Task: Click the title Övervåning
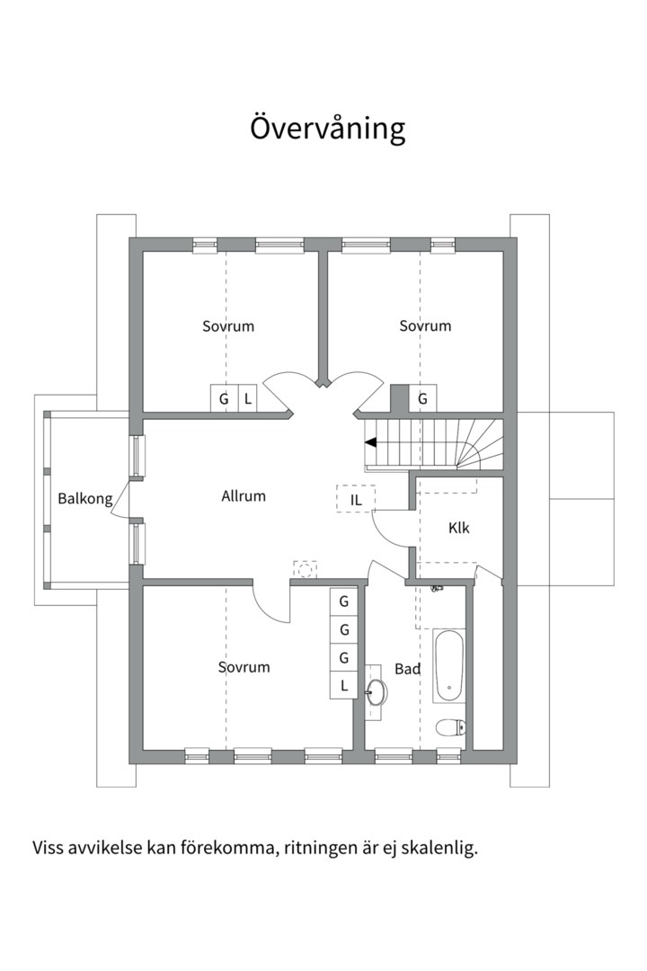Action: (x=327, y=129)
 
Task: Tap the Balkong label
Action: (x=85, y=498)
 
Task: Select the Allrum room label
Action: (x=244, y=495)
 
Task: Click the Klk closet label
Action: (x=459, y=528)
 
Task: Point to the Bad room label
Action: (x=408, y=669)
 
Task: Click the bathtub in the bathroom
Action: (x=448, y=666)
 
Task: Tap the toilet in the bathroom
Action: (x=449, y=726)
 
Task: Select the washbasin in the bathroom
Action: (x=378, y=692)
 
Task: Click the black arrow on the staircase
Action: (x=370, y=441)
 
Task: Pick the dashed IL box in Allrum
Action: (x=356, y=499)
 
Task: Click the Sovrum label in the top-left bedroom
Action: (x=228, y=326)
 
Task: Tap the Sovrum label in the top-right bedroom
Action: (x=425, y=326)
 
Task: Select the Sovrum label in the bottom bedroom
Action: (x=244, y=667)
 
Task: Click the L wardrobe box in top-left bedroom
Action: (x=248, y=398)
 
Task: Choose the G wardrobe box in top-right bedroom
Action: (x=422, y=398)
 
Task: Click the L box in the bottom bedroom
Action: (x=344, y=686)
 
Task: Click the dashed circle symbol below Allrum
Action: (x=306, y=568)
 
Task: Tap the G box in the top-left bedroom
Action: (x=223, y=398)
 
